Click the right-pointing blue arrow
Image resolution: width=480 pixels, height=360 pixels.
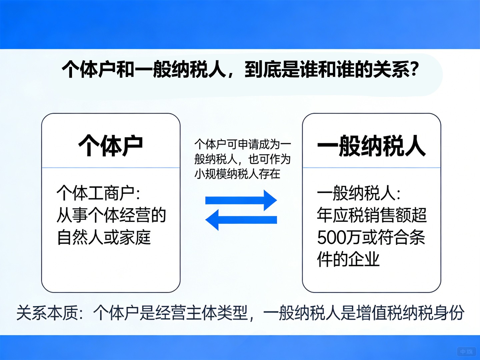241,200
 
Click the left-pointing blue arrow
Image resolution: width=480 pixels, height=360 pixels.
241,220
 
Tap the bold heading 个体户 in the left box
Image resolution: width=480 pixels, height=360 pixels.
111,146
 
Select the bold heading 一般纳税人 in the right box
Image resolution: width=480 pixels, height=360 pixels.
371,146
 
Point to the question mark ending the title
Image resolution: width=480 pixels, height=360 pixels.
414,69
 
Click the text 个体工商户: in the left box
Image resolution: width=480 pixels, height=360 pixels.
98,193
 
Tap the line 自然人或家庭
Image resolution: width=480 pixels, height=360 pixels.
104,237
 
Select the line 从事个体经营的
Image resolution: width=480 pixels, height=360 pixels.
111,215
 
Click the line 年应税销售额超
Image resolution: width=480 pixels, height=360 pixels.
372,215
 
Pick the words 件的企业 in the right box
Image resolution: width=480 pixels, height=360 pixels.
348,259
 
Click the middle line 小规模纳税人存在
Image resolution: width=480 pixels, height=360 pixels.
237,174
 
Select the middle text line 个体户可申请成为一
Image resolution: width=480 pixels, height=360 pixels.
243,144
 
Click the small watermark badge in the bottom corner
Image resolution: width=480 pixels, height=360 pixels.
466,351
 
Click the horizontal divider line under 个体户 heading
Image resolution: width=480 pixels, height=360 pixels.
111,168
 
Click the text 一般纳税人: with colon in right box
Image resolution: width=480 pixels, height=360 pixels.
359,193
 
